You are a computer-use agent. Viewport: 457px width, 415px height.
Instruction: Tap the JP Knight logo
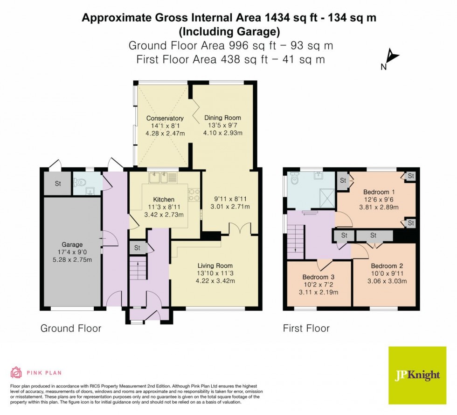coord(417,375)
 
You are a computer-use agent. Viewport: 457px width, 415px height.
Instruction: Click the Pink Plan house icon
coord(16,372)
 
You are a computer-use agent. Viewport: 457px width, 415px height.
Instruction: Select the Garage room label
coord(72,244)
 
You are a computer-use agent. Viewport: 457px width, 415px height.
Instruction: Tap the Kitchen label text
coord(164,200)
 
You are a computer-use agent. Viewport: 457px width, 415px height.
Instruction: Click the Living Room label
coord(215,266)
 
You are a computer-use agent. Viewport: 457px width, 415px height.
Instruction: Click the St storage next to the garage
coord(58,184)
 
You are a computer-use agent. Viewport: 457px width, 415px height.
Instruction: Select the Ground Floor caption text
coord(71,329)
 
